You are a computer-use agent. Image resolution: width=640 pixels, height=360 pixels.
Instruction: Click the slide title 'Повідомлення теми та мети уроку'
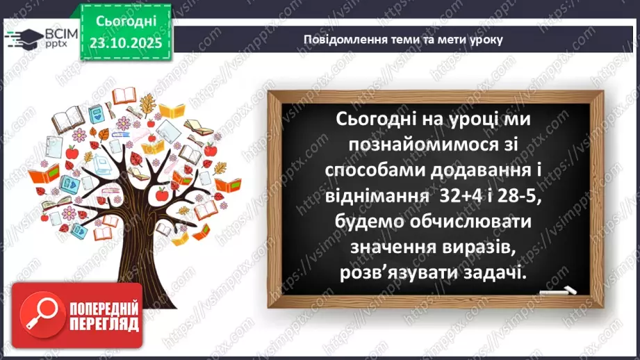[402, 39]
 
